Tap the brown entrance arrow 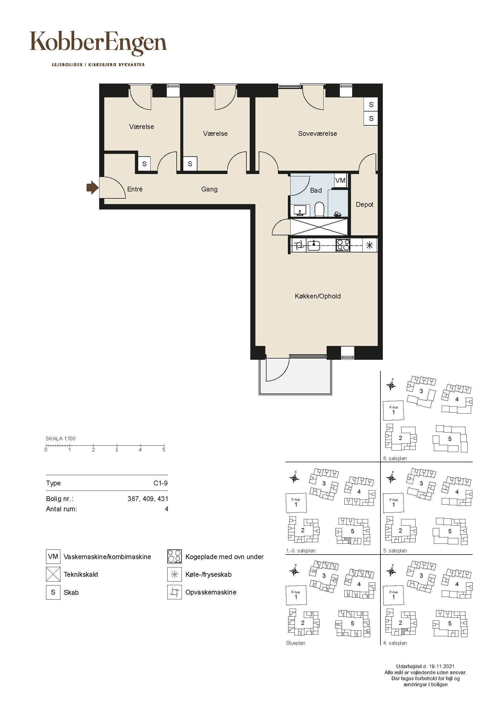[x=92, y=187]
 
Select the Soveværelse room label [x=317, y=133]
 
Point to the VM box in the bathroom [x=340, y=180]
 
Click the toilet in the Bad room [x=319, y=209]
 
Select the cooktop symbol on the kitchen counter [x=343, y=245]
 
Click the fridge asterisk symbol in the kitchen [x=370, y=245]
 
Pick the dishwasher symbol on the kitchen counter [x=299, y=245]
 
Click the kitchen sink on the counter [x=313, y=245]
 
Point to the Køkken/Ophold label [x=318, y=296]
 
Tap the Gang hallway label [x=209, y=189]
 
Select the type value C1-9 [x=160, y=483]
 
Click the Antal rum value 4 [x=166, y=509]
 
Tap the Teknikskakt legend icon [x=53, y=574]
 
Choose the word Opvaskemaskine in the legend [x=211, y=592]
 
